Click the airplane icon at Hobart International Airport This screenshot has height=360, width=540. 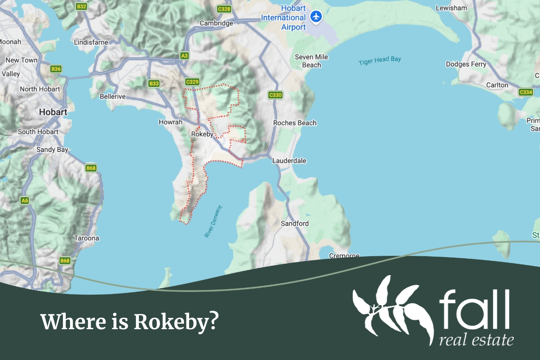[x=316, y=17]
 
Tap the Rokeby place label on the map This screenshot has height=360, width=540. [x=202, y=134]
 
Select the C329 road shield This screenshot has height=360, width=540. [x=192, y=81]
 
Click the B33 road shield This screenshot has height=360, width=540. [x=154, y=84]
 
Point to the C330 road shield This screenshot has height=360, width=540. [x=275, y=95]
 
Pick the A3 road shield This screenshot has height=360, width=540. [x=184, y=55]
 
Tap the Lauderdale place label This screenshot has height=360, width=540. [x=289, y=161]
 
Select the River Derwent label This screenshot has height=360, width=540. [x=213, y=222]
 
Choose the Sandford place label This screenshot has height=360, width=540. [x=294, y=223]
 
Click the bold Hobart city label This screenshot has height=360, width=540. [x=53, y=112]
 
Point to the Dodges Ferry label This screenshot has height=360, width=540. [x=466, y=64]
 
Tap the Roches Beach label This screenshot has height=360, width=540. [x=294, y=123]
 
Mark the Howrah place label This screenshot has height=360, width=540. [x=170, y=122]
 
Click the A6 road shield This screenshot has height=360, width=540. [x=25, y=200]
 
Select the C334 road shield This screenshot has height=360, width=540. [x=526, y=92]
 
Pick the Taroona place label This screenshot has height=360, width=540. [x=86, y=238]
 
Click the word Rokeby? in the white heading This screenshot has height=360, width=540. [x=176, y=322]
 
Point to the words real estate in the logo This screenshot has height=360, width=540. [x=476, y=339]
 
